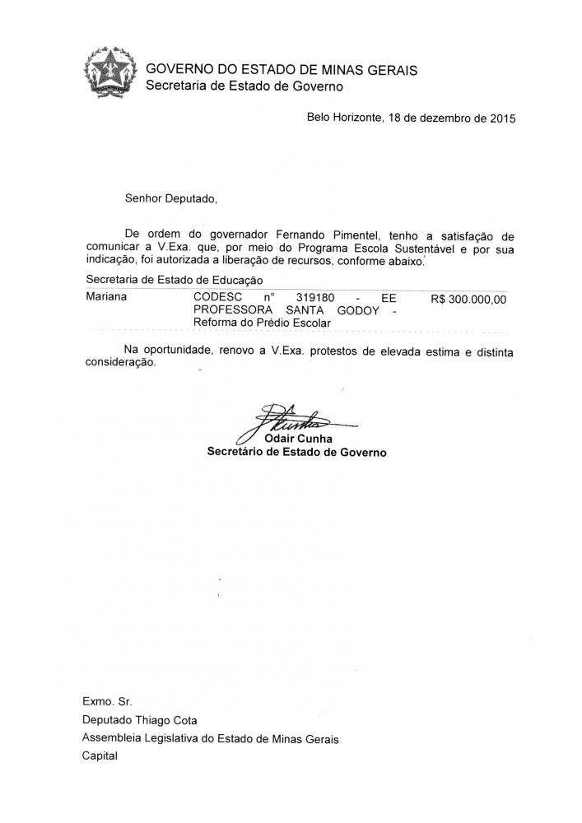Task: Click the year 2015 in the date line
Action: coord(502,119)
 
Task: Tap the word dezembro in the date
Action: coord(444,119)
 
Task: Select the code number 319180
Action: coord(314,297)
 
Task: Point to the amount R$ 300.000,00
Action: coord(468,300)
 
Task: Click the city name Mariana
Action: coord(106,297)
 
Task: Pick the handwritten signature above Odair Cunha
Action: coord(292,420)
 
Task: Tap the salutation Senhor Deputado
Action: coord(170,198)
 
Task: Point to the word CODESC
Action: coord(217,297)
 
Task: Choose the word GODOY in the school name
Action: coord(358,310)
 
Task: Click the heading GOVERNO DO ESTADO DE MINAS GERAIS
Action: coord(282,70)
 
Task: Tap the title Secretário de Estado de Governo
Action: coord(296,452)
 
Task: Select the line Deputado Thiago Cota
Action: coord(140,720)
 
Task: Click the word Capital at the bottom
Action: coord(100,756)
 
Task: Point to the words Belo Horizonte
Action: coord(343,119)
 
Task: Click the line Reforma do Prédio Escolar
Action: coord(262,323)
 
